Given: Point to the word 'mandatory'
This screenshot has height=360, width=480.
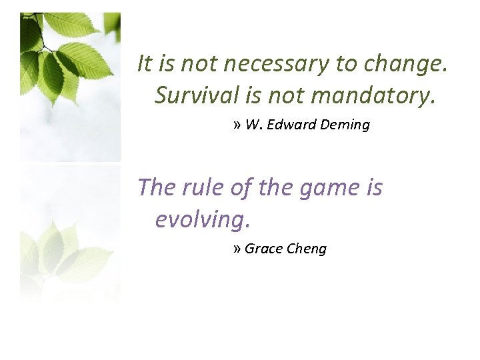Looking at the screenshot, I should (x=373, y=95).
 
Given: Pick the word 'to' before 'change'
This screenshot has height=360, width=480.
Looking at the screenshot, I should (x=347, y=64).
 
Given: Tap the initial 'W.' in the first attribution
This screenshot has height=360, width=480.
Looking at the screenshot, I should (x=253, y=125).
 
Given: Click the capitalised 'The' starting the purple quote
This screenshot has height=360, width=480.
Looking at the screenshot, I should (x=155, y=187).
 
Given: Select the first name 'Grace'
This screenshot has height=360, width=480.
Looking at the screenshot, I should (x=263, y=249).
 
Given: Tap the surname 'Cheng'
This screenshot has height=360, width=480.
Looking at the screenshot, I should (x=306, y=249).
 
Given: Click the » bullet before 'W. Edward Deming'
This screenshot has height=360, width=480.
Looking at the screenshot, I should (x=238, y=125).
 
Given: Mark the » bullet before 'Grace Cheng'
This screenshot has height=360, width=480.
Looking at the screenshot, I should (x=238, y=249).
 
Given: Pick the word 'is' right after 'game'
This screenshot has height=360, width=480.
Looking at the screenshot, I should (x=373, y=187).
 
